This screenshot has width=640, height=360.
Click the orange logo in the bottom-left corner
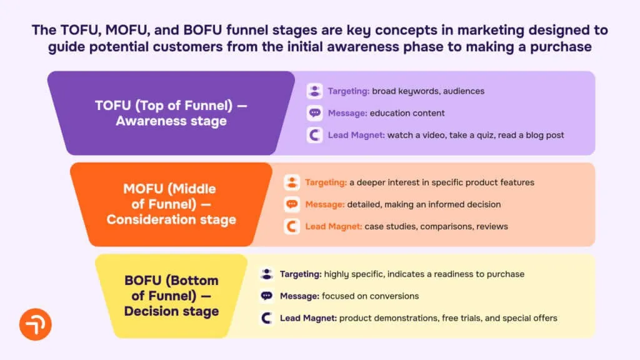35,324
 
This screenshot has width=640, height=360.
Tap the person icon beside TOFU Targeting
315,91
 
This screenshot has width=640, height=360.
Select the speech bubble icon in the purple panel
315,113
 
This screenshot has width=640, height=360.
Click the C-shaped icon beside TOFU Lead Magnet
315,135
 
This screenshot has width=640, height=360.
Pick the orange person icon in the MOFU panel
292,182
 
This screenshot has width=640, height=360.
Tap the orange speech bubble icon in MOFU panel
292,204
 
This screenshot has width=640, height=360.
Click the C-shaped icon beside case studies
292,226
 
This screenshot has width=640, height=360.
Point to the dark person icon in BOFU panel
267,274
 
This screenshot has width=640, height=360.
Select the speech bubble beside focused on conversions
267,296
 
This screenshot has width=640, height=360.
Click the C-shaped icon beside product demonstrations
267,318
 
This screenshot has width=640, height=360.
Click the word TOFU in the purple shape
113,106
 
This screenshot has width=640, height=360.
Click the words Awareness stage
171,121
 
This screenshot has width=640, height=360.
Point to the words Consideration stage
171,219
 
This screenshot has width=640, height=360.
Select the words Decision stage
171,311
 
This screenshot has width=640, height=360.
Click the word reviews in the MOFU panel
492,226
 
